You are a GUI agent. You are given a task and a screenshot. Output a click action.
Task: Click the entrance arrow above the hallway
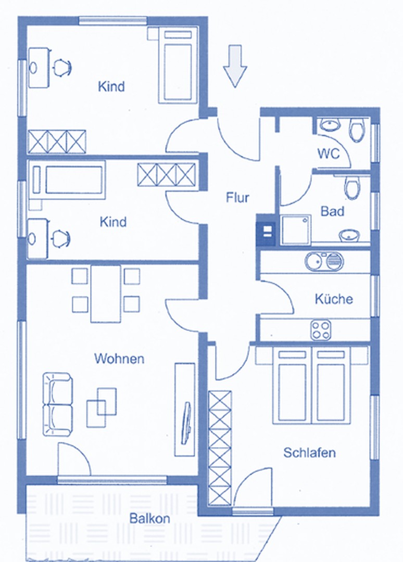pyautogui.click(x=235, y=66)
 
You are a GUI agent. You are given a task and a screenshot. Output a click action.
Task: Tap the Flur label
pyautogui.click(x=237, y=198)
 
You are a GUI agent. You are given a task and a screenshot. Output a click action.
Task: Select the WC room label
pyautogui.click(x=328, y=154)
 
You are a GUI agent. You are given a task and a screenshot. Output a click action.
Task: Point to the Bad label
pyautogui.click(x=332, y=211)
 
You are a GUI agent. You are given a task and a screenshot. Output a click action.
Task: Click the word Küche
pyautogui.click(x=334, y=299)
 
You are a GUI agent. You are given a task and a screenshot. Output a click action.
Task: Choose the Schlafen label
pyautogui.click(x=309, y=453)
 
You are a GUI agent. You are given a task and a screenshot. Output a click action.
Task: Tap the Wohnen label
pyautogui.click(x=119, y=359)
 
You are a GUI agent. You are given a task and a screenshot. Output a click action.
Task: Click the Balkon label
pyautogui.click(x=149, y=518)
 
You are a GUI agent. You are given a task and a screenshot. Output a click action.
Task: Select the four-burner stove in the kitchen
pyautogui.click(x=321, y=330)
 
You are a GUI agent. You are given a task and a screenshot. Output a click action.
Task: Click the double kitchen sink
pyautogui.click(x=324, y=261)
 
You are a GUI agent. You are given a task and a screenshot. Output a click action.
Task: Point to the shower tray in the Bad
pyautogui.click(x=295, y=230)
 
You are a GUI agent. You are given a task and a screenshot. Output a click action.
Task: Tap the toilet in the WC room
pyautogui.click(x=356, y=131)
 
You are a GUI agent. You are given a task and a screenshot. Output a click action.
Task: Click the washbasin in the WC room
pyautogui.click(x=330, y=125)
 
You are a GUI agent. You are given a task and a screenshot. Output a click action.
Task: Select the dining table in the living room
pyautogui.click(x=105, y=294)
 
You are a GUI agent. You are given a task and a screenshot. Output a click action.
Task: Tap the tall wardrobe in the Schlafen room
pyautogui.click(x=220, y=448)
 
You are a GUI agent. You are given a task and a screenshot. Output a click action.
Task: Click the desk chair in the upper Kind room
pyautogui.click(x=62, y=67)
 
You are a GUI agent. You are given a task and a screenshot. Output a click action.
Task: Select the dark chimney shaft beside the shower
pyautogui.click(x=267, y=230)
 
